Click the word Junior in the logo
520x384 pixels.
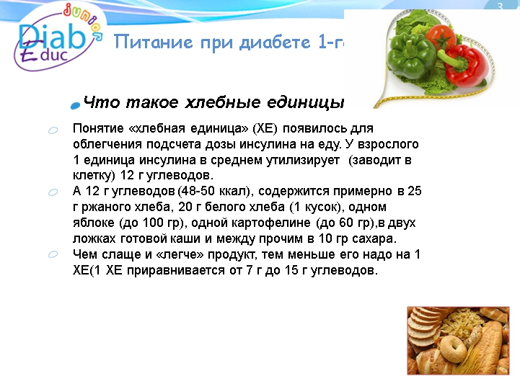[79, 22]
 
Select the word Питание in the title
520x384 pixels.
[144, 42]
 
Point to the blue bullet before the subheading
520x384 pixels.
[75, 105]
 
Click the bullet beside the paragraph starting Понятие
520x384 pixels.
[53, 130]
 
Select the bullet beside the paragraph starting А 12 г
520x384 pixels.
[53, 192]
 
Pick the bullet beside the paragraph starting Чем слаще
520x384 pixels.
[53, 255]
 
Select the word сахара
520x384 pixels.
[376, 239]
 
